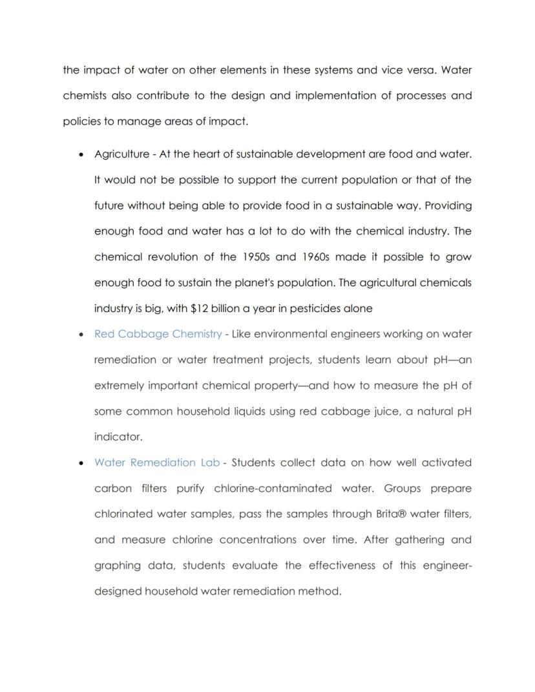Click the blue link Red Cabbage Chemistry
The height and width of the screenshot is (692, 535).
(158, 334)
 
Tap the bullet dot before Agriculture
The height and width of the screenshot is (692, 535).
(80, 155)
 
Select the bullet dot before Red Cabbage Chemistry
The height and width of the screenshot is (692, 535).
(80, 335)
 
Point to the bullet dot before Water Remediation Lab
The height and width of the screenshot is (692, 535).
(80, 463)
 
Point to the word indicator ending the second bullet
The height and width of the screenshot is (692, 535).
(118, 437)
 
